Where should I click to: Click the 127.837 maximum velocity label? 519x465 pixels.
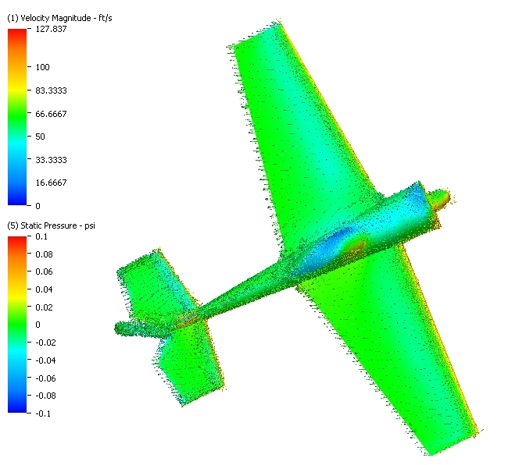click(51, 29)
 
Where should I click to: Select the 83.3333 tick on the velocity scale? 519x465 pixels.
click(51, 91)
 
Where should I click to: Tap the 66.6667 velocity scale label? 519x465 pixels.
click(51, 114)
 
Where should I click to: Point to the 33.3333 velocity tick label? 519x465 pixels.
click(51, 160)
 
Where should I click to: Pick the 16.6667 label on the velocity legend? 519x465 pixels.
click(51, 183)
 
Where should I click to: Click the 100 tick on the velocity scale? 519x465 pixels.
click(43, 67)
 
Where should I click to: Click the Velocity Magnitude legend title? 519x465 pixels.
click(59, 18)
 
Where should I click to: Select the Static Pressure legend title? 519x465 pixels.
click(51, 225)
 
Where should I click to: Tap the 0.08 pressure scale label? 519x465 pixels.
click(44, 254)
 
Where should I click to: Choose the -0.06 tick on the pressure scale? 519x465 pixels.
click(45, 378)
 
